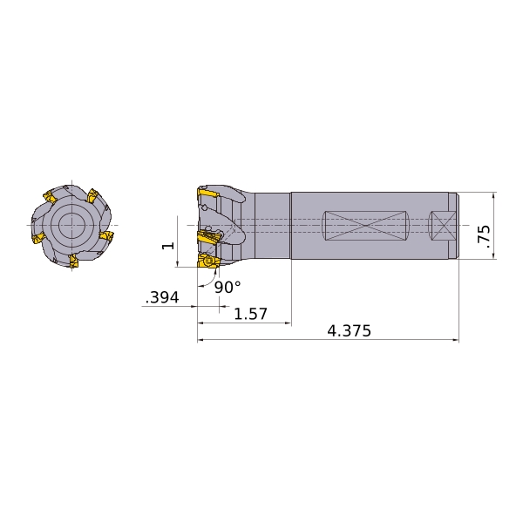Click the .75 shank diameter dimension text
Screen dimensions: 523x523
tap(485, 236)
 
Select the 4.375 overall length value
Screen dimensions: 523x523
tap(349, 331)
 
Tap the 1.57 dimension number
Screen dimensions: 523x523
tap(251, 314)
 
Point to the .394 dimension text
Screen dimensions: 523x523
tap(162, 297)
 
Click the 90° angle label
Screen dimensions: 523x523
tap(228, 287)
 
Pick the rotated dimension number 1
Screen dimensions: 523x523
tap(168, 246)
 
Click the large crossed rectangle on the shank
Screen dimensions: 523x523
tap(366, 226)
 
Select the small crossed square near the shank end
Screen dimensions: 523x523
tap(442, 226)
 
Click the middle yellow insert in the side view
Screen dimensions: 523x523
tap(209, 236)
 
